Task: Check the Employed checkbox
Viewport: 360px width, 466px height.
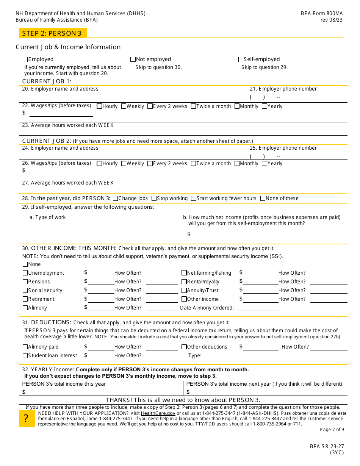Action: [x=25, y=59]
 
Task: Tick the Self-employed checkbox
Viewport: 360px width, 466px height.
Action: [x=240, y=59]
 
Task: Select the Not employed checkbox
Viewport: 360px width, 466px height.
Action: [x=133, y=59]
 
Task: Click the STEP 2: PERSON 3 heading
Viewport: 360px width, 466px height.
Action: [x=52, y=33]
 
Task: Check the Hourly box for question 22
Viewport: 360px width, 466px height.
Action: [x=99, y=106]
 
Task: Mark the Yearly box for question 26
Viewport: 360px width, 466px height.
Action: [x=265, y=164]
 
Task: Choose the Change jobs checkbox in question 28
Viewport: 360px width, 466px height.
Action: [x=116, y=199]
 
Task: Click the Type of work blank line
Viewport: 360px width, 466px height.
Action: [x=101, y=235]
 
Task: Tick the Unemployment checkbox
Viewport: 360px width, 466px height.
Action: [x=25, y=273]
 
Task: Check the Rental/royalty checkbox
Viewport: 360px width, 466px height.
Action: [x=184, y=282]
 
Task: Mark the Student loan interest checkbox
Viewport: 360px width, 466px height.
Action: [x=25, y=356]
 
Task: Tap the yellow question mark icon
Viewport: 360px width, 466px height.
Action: [x=26, y=419]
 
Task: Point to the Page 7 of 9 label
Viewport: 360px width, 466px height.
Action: [x=332, y=430]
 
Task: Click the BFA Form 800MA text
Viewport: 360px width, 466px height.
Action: [x=322, y=13]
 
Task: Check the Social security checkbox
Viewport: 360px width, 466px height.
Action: [x=25, y=291]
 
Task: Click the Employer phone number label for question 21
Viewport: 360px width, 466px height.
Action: [x=283, y=89]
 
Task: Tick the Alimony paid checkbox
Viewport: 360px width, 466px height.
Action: [x=25, y=347]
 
